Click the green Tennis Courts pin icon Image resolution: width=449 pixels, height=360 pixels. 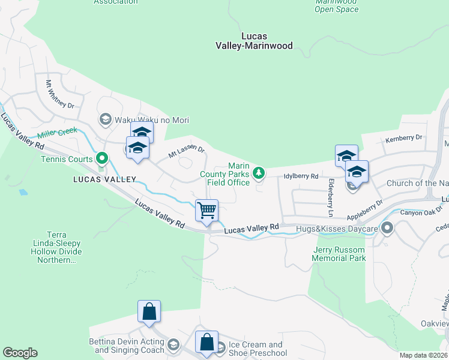click(x=102, y=158)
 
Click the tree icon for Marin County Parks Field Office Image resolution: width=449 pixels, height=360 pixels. click(x=259, y=173)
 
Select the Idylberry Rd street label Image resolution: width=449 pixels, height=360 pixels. click(x=300, y=176)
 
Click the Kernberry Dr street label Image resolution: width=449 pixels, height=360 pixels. click(x=405, y=137)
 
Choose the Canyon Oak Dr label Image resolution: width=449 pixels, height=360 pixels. click(x=421, y=212)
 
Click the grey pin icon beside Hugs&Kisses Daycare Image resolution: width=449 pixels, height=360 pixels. click(x=387, y=228)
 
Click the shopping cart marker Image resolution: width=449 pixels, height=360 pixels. click(x=206, y=211)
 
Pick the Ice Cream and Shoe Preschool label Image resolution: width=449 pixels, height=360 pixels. click(x=258, y=349)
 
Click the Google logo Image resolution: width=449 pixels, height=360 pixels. click(x=20, y=353)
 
